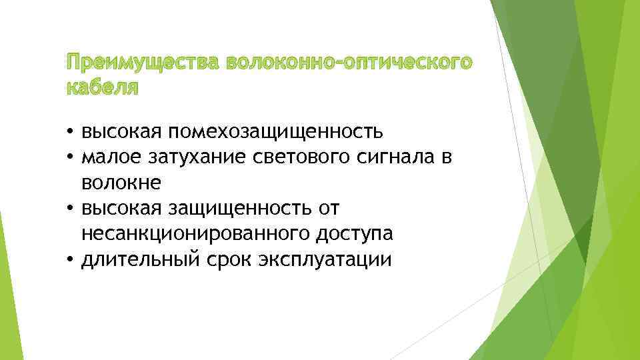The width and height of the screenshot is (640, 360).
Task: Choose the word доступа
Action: point(347,234)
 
